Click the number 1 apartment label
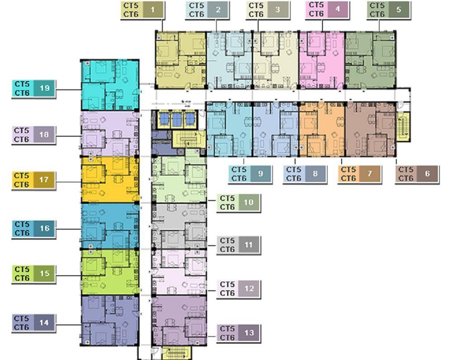tap(142, 10)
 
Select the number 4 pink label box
tap(327, 9)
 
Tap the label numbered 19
tap(33, 89)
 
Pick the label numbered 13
tap(238, 333)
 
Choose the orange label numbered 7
tap(359, 174)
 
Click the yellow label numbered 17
tap(33, 180)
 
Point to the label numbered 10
tap(238, 203)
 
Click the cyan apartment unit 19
tap(110, 85)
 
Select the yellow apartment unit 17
tap(110, 180)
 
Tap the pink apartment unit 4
tap(322, 60)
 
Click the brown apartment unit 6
tap(371, 129)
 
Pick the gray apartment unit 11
tap(179, 226)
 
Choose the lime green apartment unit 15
tap(110, 272)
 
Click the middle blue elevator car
tap(177, 119)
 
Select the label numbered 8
tap(305, 174)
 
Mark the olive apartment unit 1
tap(181, 60)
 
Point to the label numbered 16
tap(33, 229)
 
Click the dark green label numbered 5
tap(389, 10)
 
